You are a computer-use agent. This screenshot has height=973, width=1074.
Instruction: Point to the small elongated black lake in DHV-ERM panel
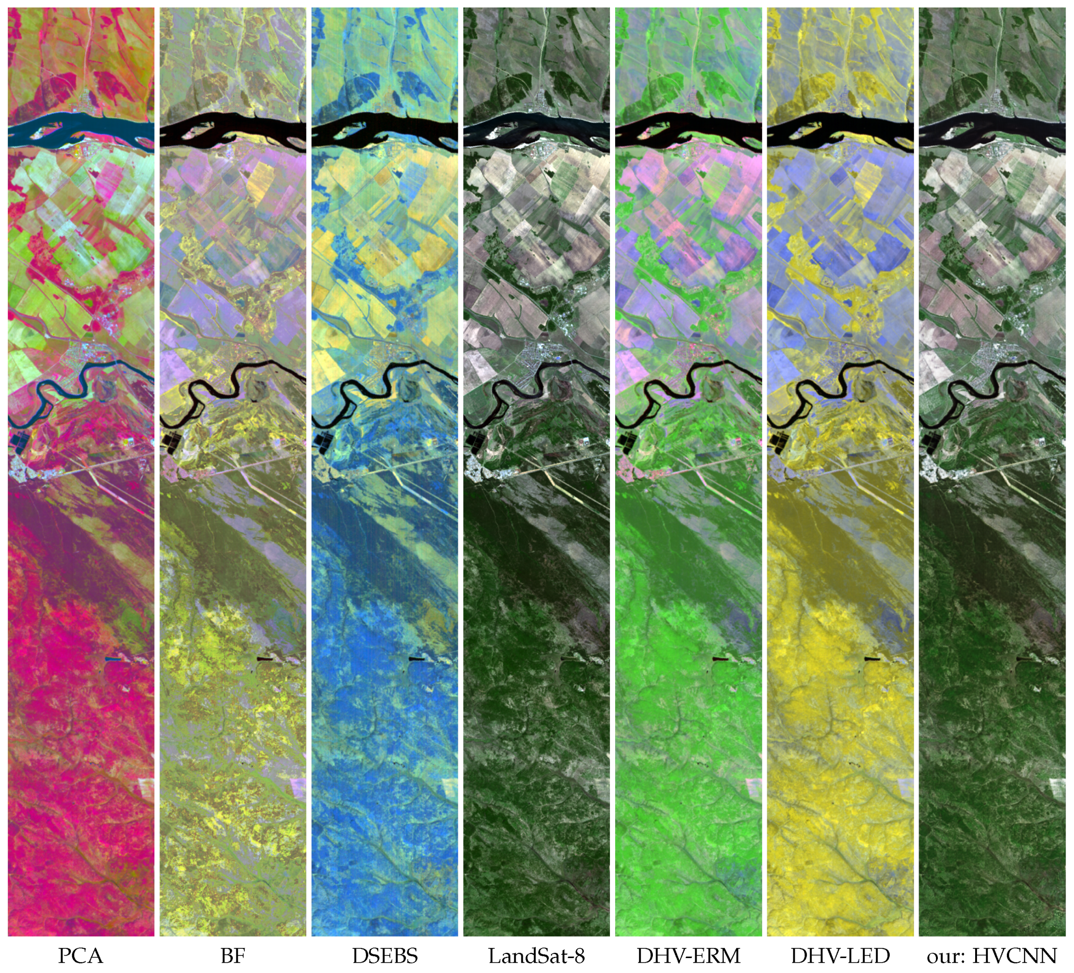coord(719,660)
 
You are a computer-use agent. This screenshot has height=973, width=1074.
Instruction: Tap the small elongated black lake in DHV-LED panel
coord(872,660)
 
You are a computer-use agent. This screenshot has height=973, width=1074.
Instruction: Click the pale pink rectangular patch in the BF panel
coord(298,786)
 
